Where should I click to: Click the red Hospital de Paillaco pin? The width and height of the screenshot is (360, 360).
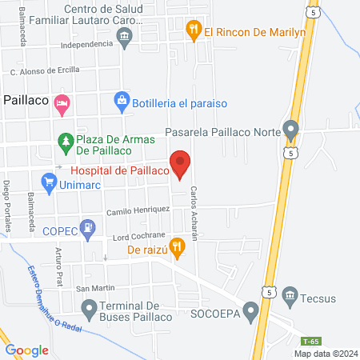click(181, 162)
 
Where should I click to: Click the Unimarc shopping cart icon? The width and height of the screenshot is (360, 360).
click(50, 185)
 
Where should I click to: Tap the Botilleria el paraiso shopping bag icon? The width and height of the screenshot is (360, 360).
click(121, 101)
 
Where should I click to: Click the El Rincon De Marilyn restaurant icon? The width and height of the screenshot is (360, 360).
click(193, 31)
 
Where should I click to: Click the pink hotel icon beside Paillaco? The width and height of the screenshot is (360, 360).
click(62, 102)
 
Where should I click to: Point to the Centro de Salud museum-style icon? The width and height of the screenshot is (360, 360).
click(124, 36)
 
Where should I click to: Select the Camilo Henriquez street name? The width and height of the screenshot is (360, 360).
click(139, 210)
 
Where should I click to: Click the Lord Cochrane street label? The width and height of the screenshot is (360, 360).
click(138, 236)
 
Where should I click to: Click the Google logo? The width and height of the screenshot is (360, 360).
click(27, 350)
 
